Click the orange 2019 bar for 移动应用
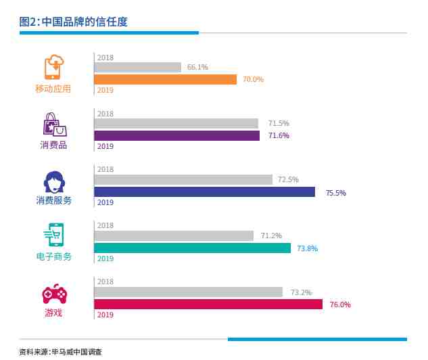165,79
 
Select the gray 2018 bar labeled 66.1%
137,67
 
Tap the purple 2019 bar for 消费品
176,135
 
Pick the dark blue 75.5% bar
204,192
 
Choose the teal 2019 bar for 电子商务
192,248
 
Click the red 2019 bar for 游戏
208,304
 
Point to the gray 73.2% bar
188,292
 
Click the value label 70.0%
253,79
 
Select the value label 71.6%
279,135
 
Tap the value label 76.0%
340,305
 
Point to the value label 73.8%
307,248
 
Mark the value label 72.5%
288,179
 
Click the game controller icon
54,294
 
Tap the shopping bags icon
54,125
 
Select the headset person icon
54,181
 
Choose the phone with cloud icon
54,68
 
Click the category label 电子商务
54,256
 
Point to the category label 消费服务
54,200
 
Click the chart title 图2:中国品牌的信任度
74,22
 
